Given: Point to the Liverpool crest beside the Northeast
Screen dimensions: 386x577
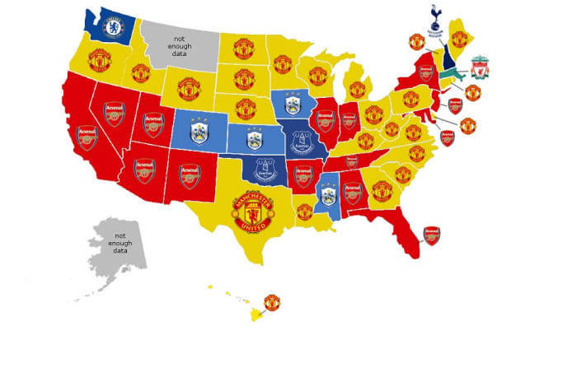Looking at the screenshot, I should click(479, 67).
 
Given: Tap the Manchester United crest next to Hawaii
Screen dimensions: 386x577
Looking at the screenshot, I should click(271, 302).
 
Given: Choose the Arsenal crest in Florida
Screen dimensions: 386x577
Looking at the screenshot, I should click(432, 236).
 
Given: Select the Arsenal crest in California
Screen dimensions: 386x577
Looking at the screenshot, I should click(87, 137).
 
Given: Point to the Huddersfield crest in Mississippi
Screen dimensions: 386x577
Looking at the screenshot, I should click(328, 194).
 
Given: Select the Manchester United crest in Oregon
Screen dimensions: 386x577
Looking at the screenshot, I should click(99, 59).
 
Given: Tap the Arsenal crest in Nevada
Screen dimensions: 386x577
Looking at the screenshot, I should click(113, 113).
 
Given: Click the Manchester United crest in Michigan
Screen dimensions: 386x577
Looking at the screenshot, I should click(356, 88).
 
